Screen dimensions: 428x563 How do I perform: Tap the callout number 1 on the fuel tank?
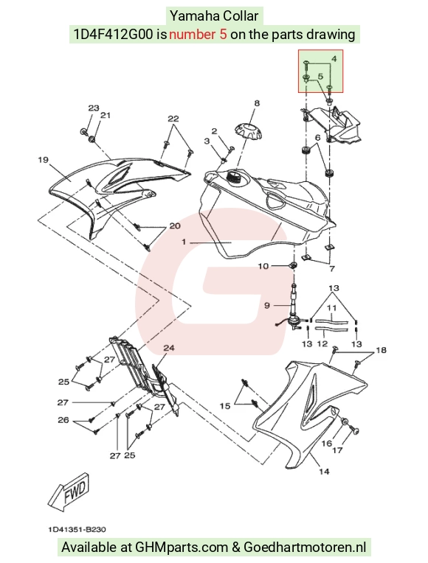click(x=184, y=242)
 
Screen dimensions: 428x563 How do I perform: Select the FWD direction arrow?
click(x=69, y=492)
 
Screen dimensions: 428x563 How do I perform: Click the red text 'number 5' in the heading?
click(x=198, y=35)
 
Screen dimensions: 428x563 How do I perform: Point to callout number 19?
click(x=43, y=159)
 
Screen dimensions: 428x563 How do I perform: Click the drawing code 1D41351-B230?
click(x=77, y=529)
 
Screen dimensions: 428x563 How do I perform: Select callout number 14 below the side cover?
click(x=324, y=471)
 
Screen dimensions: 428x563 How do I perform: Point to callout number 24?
click(x=169, y=348)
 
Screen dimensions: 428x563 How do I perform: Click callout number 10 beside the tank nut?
click(x=263, y=266)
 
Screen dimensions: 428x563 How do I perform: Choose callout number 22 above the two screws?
click(x=173, y=119)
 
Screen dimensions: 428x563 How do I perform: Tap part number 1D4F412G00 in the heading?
click(x=114, y=35)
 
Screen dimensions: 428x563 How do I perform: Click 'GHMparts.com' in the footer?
click(x=182, y=548)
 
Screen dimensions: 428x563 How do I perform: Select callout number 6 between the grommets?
click(x=317, y=137)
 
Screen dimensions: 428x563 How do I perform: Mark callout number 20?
click(x=175, y=225)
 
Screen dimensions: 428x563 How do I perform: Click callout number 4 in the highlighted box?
click(x=334, y=58)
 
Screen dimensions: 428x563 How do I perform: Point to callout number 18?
click(x=381, y=350)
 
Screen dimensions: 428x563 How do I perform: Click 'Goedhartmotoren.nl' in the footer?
click(x=305, y=548)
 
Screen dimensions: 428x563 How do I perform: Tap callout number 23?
click(x=94, y=108)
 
